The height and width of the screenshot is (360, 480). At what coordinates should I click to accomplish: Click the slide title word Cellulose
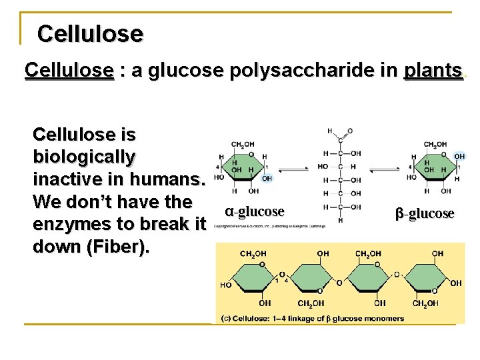(90, 33)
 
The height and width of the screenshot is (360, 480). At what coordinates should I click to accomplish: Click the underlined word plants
(433, 71)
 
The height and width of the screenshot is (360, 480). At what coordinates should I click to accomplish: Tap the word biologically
(83, 157)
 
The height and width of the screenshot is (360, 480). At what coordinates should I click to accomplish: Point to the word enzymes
(79, 224)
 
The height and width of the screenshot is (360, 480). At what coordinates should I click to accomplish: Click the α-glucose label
(255, 212)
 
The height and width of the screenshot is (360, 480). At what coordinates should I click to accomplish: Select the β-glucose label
(425, 213)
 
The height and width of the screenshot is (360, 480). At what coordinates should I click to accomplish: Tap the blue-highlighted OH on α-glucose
(267, 179)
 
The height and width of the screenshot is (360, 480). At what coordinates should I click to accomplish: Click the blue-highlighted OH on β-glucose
(459, 157)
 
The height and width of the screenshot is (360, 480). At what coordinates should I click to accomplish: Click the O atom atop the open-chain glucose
(350, 131)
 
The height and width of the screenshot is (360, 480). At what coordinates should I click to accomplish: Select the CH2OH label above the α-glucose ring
(242, 145)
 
